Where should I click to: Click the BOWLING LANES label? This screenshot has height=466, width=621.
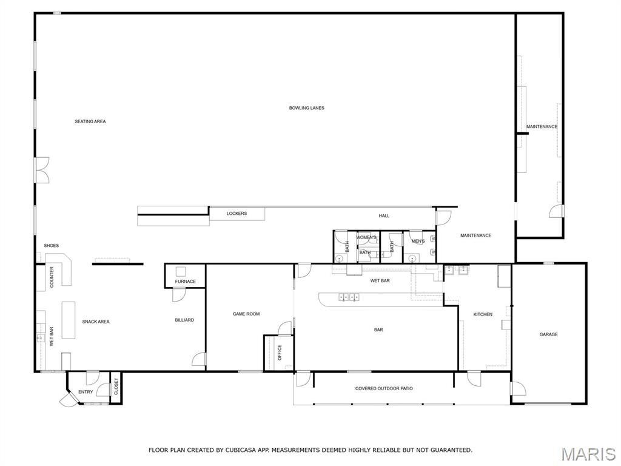[x=306, y=108]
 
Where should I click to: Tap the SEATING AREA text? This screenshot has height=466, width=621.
[x=90, y=121]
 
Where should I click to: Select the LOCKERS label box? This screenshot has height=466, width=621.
[x=237, y=214]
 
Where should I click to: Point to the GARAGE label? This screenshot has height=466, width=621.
[x=548, y=334]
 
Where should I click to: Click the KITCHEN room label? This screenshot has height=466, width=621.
[x=483, y=314]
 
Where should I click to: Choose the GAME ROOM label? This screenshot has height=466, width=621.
[x=246, y=314]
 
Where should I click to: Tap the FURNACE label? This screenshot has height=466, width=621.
[x=186, y=282]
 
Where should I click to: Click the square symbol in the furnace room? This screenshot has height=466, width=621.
[x=181, y=271]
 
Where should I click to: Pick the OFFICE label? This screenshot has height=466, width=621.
[x=280, y=353]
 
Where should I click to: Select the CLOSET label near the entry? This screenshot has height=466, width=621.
[x=116, y=387]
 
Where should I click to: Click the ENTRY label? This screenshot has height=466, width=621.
[x=86, y=392]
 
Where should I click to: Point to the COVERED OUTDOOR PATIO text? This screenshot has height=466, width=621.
[x=384, y=388]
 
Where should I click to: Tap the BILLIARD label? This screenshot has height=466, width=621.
[x=184, y=320]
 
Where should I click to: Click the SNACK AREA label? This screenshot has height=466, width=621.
[x=96, y=322]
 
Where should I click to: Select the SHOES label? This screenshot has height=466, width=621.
[x=51, y=246]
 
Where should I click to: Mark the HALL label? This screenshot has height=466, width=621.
[x=384, y=216]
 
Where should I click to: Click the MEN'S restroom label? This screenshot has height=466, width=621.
[x=418, y=241]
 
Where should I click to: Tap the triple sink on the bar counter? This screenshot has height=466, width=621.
[x=349, y=297]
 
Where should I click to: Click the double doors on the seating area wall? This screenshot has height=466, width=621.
[x=42, y=170]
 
